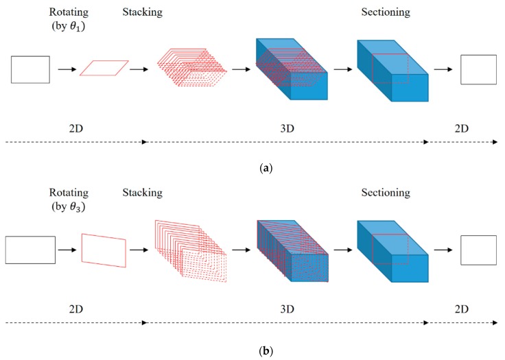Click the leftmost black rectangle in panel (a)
(30, 69)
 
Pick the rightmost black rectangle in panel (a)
(478, 69)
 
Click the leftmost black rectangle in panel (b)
(30, 250)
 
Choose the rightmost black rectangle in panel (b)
(478, 250)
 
